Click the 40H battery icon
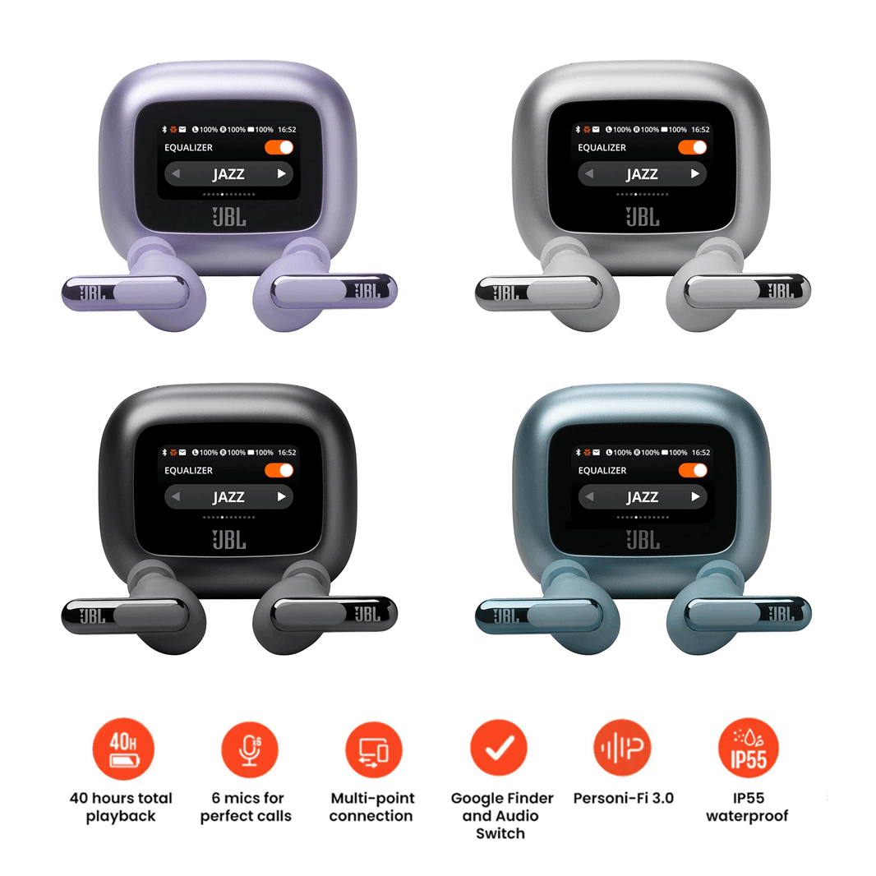coord(123,749)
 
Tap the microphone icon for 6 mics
coord(249,749)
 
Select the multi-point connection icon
coord(374,749)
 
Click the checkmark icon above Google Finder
coord(498,748)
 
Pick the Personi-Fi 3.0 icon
coord(622,747)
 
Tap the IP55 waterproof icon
coord(748,748)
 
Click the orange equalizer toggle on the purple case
coord(279,147)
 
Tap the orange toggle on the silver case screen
coord(692,147)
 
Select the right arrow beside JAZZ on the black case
coord(282,496)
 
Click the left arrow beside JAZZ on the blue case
coord(589,496)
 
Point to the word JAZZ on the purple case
coord(228,174)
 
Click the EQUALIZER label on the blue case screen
coord(602,470)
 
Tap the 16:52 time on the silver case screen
coord(701,130)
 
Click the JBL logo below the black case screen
coord(229,540)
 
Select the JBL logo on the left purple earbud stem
coord(92,293)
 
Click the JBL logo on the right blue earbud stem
coord(781,614)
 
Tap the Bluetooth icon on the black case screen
coord(164,452)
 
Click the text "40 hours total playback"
coord(121,807)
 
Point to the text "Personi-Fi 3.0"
coord(624,799)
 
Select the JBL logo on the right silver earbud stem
coord(781,291)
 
